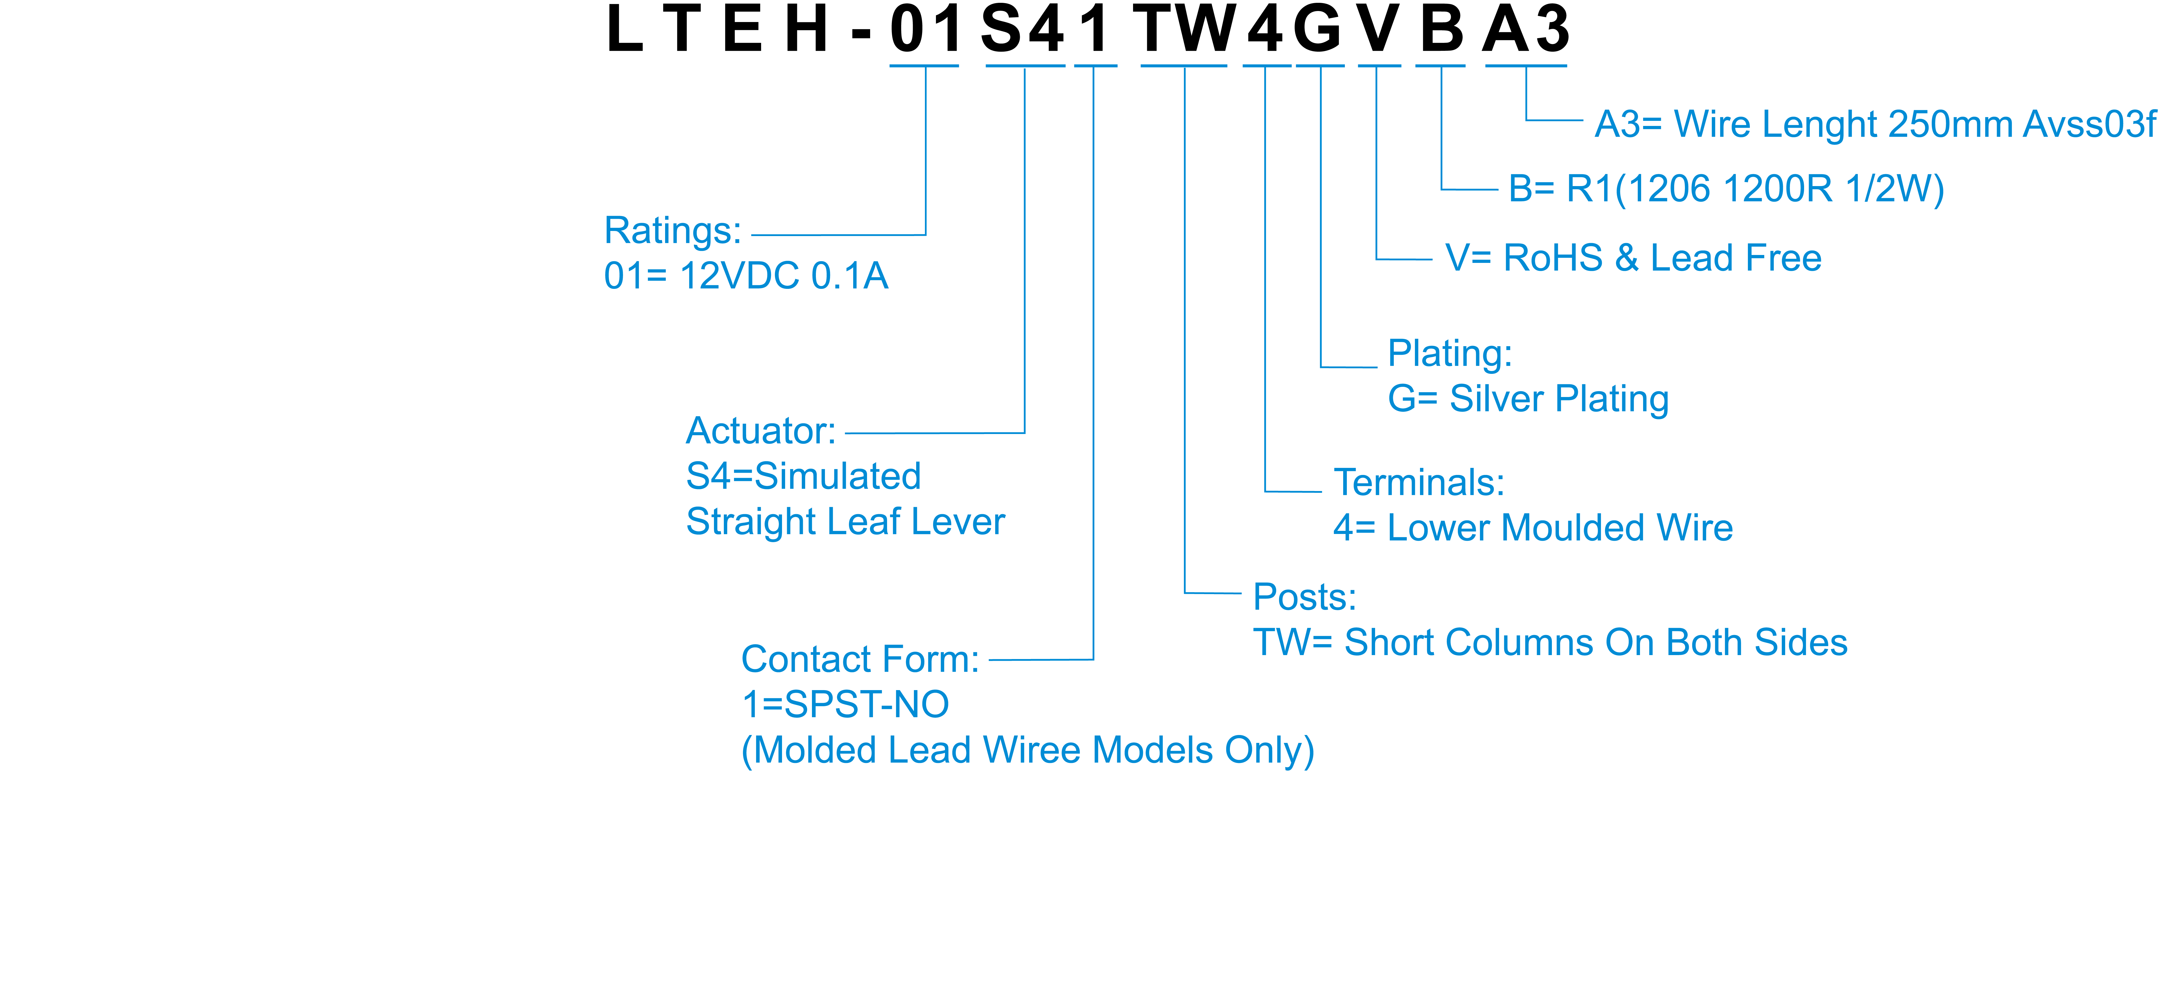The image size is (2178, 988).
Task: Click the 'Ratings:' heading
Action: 672,231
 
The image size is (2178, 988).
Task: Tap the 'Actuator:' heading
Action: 760,431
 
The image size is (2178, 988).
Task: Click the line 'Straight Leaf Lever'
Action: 845,522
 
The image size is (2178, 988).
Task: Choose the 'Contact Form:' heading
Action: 859,659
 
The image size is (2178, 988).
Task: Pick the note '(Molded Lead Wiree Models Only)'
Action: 1027,751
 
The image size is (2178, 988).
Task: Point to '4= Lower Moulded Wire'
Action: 1533,528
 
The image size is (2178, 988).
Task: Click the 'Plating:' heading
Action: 1449,353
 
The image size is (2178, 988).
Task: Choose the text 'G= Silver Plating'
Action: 1528,399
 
